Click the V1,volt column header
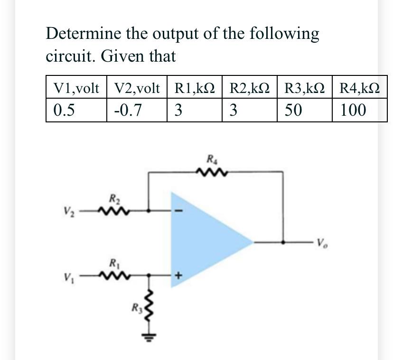76,88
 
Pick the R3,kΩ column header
305,88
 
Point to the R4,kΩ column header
360,88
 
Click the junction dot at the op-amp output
283,242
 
